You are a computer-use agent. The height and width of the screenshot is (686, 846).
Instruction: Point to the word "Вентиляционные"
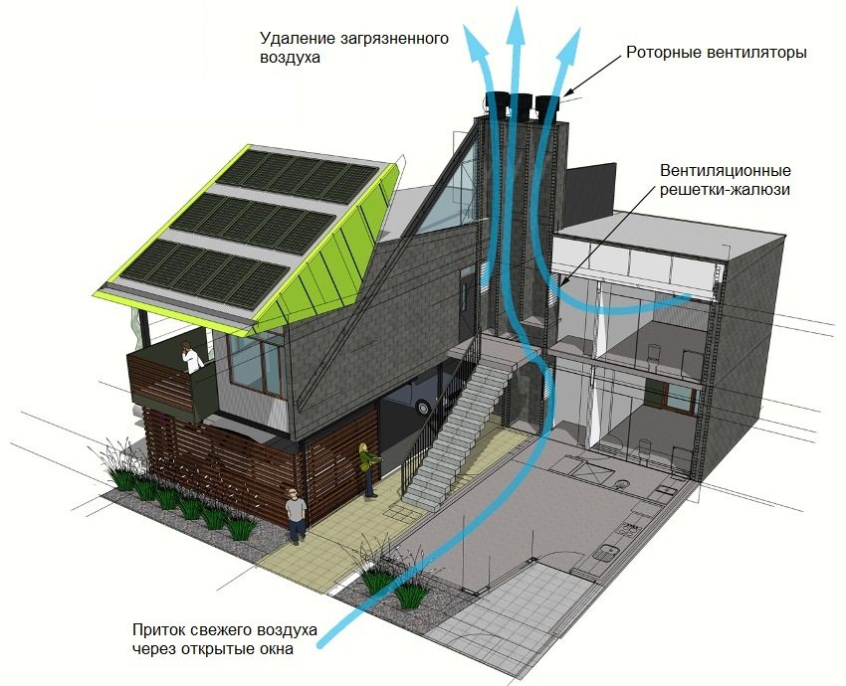[x=726, y=171]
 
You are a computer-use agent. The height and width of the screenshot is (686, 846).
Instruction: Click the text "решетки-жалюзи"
[x=726, y=190]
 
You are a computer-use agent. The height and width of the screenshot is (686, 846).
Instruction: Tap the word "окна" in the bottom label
[x=275, y=649]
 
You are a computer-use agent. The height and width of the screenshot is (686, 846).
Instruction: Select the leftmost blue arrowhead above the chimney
[x=476, y=38]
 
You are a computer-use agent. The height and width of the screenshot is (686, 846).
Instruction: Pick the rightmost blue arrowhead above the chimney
[x=568, y=42]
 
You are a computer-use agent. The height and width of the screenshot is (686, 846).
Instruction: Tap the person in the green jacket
[x=369, y=469]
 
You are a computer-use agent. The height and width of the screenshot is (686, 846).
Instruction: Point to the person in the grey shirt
[x=295, y=516]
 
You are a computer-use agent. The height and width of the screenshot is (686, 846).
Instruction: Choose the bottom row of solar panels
[x=204, y=273]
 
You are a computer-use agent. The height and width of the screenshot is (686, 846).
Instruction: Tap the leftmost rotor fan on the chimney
[x=497, y=104]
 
